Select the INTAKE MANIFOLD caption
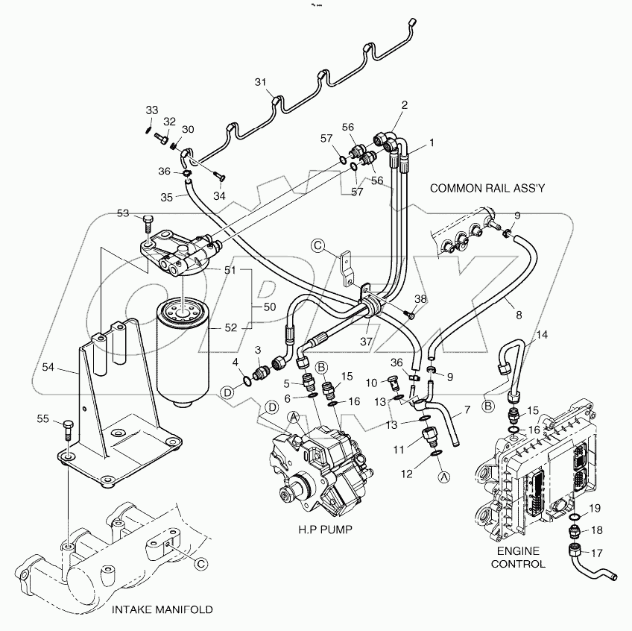tap(162, 609)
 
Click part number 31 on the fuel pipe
tap(260, 81)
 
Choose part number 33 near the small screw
tap(151, 110)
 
